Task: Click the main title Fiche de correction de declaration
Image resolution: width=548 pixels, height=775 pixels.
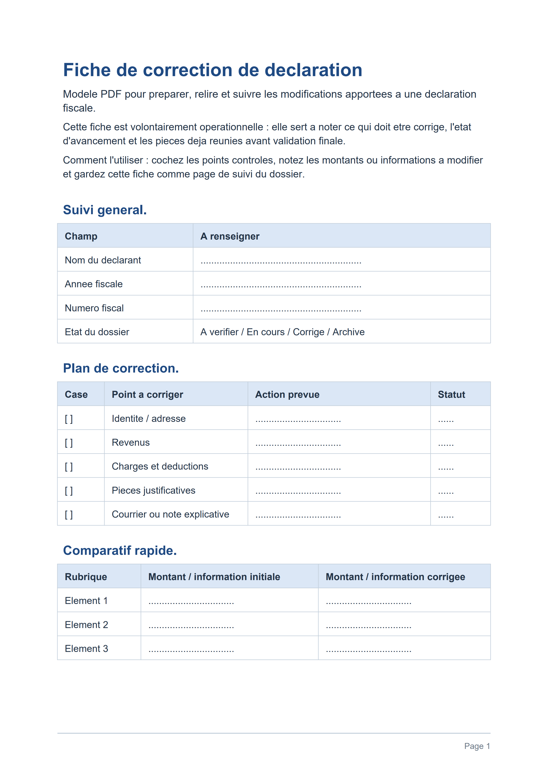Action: (213, 70)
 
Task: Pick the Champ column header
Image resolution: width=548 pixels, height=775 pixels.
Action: (81, 236)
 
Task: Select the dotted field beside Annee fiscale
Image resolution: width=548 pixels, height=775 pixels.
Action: (281, 285)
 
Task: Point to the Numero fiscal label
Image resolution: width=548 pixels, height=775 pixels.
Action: (94, 308)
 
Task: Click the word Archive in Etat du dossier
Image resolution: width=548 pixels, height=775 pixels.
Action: (348, 332)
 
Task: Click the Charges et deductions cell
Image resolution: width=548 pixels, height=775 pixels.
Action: (160, 467)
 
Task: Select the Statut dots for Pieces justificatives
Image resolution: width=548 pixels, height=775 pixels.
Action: (446, 491)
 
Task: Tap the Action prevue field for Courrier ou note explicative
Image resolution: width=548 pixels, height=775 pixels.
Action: (298, 515)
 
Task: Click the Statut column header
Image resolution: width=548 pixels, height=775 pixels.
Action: (451, 395)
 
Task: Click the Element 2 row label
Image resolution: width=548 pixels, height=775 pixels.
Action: (86, 625)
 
